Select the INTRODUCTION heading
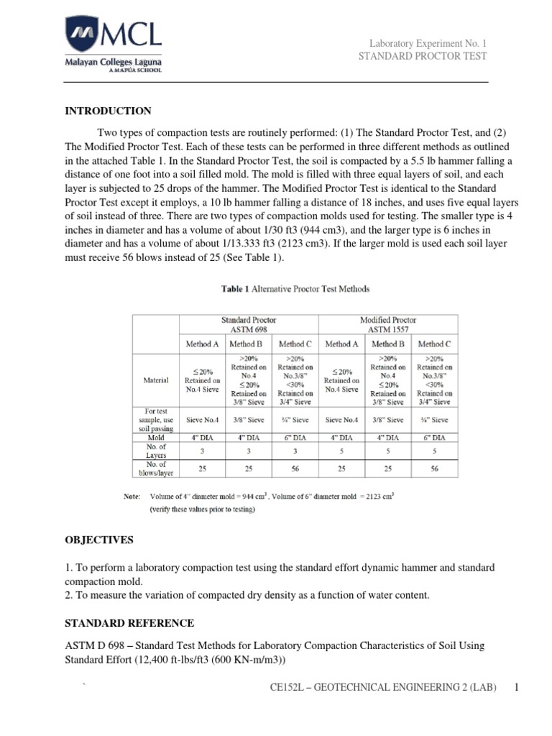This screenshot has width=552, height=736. click(109, 111)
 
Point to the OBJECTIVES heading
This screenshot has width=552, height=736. click(99, 539)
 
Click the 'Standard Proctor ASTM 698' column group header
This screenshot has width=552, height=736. click(248, 324)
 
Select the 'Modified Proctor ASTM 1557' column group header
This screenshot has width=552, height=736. click(387, 324)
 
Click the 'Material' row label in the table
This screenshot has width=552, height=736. click(157, 379)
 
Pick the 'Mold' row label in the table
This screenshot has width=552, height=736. click(157, 437)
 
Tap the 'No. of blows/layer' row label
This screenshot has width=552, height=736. click(157, 469)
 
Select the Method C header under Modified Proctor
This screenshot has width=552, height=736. click(434, 344)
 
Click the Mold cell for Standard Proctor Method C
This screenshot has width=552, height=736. click(295, 437)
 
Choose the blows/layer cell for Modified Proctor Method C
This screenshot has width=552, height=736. click(434, 469)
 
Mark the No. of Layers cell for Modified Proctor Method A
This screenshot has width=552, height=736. click(341, 451)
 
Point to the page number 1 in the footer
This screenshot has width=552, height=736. click(516, 689)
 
